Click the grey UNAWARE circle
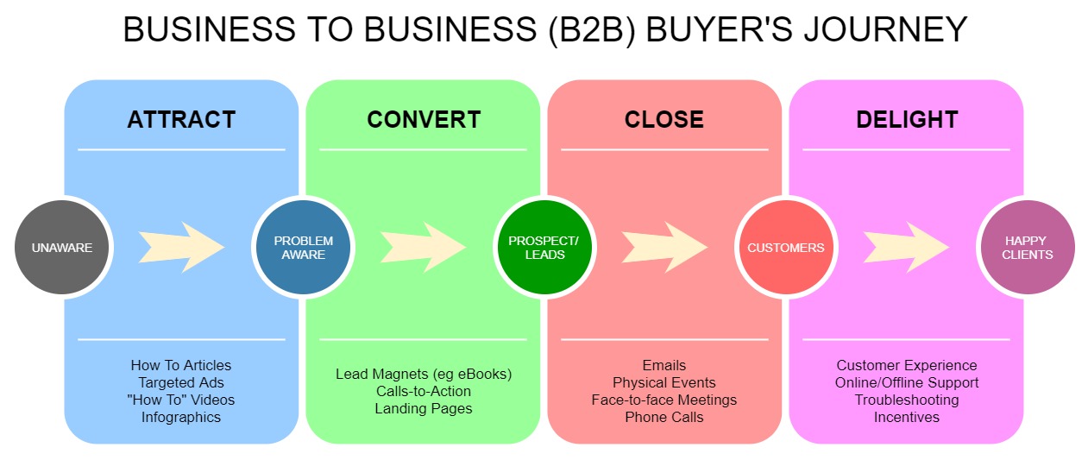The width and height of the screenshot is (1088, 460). [61, 247]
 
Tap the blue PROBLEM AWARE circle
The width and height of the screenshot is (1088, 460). [303, 247]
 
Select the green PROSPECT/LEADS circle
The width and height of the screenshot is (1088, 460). [544, 247]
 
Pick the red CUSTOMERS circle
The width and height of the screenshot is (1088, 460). [786, 247]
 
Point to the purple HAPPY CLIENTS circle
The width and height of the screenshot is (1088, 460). [1028, 247]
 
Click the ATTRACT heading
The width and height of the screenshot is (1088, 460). [182, 119]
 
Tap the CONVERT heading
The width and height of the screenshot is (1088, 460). [424, 119]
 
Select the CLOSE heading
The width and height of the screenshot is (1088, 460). [664, 119]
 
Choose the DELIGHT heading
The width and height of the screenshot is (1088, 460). [907, 119]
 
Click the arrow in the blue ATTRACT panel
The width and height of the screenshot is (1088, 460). [182, 247]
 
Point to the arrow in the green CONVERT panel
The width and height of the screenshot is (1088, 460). [423, 247]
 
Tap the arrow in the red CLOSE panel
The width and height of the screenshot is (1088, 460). [664, 247]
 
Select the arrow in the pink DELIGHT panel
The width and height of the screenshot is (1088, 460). [906, 247]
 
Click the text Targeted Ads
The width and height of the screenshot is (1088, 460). [181, 383]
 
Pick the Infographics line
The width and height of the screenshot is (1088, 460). [181, 417]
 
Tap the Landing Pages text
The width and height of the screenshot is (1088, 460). [424, 408]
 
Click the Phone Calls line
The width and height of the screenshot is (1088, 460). [664, 417]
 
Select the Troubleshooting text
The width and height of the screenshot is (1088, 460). [907, 400]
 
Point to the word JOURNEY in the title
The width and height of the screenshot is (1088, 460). [886, 29]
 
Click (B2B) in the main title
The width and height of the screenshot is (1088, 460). [592, 30]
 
